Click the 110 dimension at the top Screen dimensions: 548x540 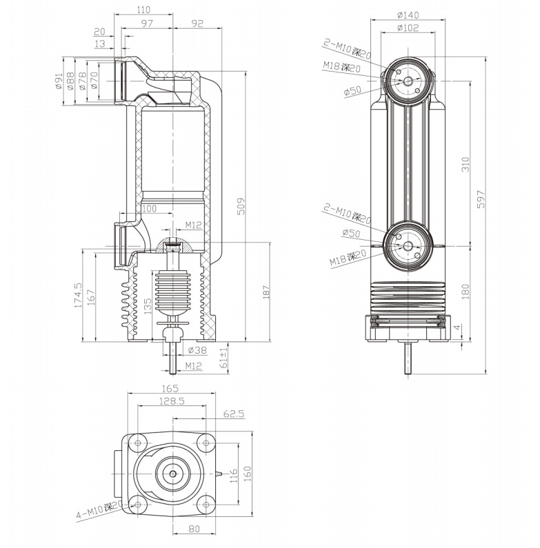point(144,10)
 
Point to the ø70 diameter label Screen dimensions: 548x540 point(94,81)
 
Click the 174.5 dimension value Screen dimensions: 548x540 point(79,294)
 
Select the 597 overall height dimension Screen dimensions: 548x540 point(481,199)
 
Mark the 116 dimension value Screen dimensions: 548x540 point(234,475)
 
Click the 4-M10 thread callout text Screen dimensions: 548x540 point(99,511)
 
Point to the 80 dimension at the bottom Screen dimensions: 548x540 point(193,529)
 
